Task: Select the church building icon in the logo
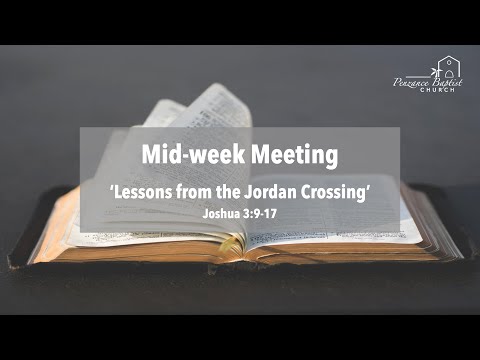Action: pyautogui.click(x=446, y=68)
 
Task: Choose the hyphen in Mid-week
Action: pyautogui.click(x=189, y=157)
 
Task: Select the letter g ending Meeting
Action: pyautogui.click(x=331, y=158)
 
